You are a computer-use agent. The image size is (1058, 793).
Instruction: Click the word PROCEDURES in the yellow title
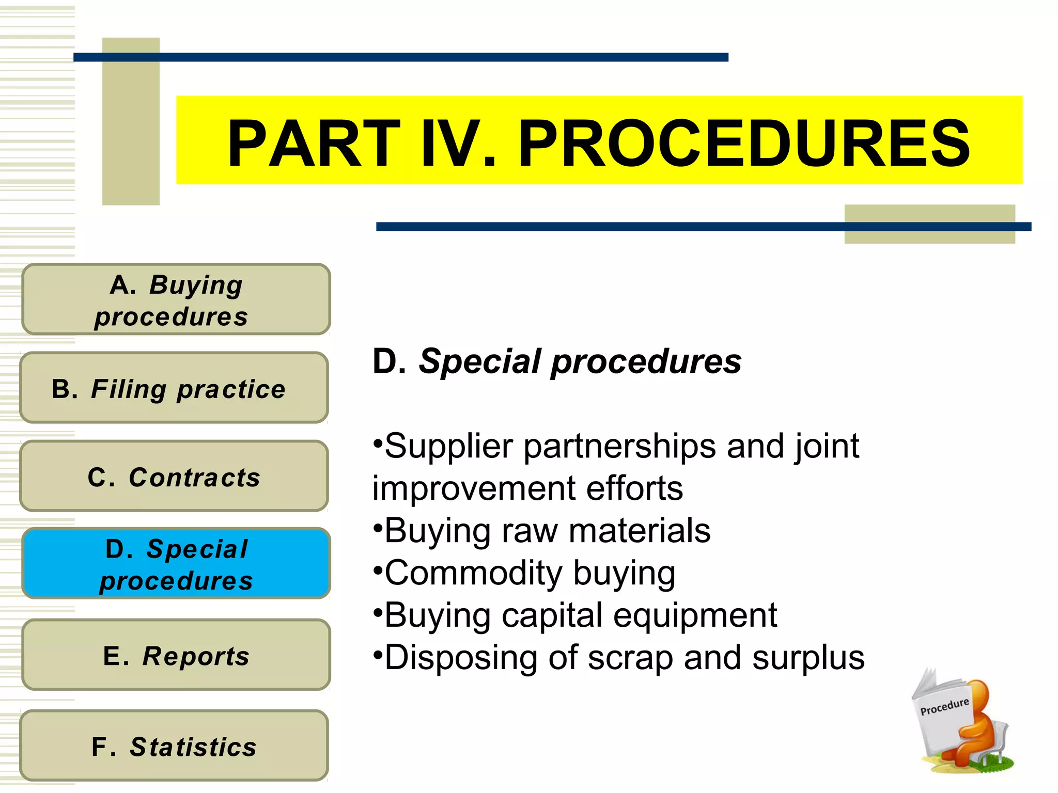coord(744,144)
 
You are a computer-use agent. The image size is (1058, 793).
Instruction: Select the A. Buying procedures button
coord(176,299)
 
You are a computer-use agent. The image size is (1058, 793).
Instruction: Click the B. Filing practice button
coord(174,388)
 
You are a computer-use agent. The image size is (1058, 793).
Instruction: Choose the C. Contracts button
coord(174,476)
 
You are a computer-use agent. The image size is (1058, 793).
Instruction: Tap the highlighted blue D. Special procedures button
coord(176,564)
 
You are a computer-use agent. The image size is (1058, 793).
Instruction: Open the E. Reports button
coord(176,655)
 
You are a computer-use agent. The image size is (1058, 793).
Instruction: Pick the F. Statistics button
coord(174,746)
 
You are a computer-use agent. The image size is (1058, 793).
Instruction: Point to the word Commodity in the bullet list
coord(473,573)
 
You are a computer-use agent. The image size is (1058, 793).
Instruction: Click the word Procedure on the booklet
coord(944,707)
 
